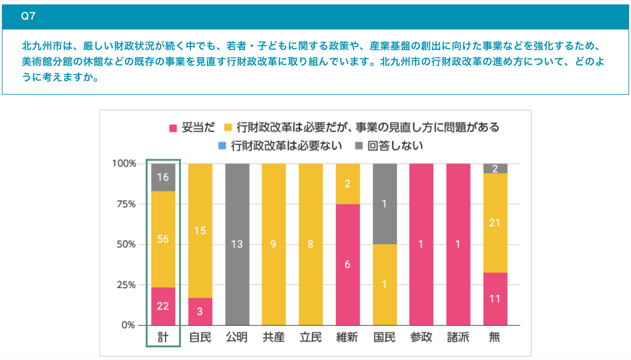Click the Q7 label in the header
pyautogui.click(x=28, y=16)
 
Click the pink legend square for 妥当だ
pyautogui.click(x=173, y=128)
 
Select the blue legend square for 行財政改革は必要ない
pyautogui.click(x=222, y=146)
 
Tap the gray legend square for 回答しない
pyautogui.click(x=359, y=146)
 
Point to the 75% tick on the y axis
pyautogui.click(x=125, y=204)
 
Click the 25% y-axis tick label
pyautogui.click(x=125, y=285)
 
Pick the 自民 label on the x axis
pyautogui.click(x=200, y=338)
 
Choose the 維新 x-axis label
pyautogui.click(x=348, y=338)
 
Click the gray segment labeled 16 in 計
pyautogui.click(x=163, y=177)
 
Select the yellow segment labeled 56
pyautogui.click(x=163, y=239)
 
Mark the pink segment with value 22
pyautogui.click(x=163, y=306)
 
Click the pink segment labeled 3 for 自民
pyautogui.click(x=200, y=312)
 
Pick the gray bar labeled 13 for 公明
pyautogui.click(x=237, y=244)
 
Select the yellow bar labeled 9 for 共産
pyautogui.click(x=274, y=244)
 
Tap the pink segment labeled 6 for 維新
pyautogui.click(x=348, y=264)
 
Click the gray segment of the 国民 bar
pyautogui.click(x=385, y=204)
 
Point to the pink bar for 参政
pyautogui.click(x=421, y=244)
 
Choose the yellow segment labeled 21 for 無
pyautogui.click(x=495, y=223)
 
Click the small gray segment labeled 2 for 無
pyautogui.click(x=495, y=169)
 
